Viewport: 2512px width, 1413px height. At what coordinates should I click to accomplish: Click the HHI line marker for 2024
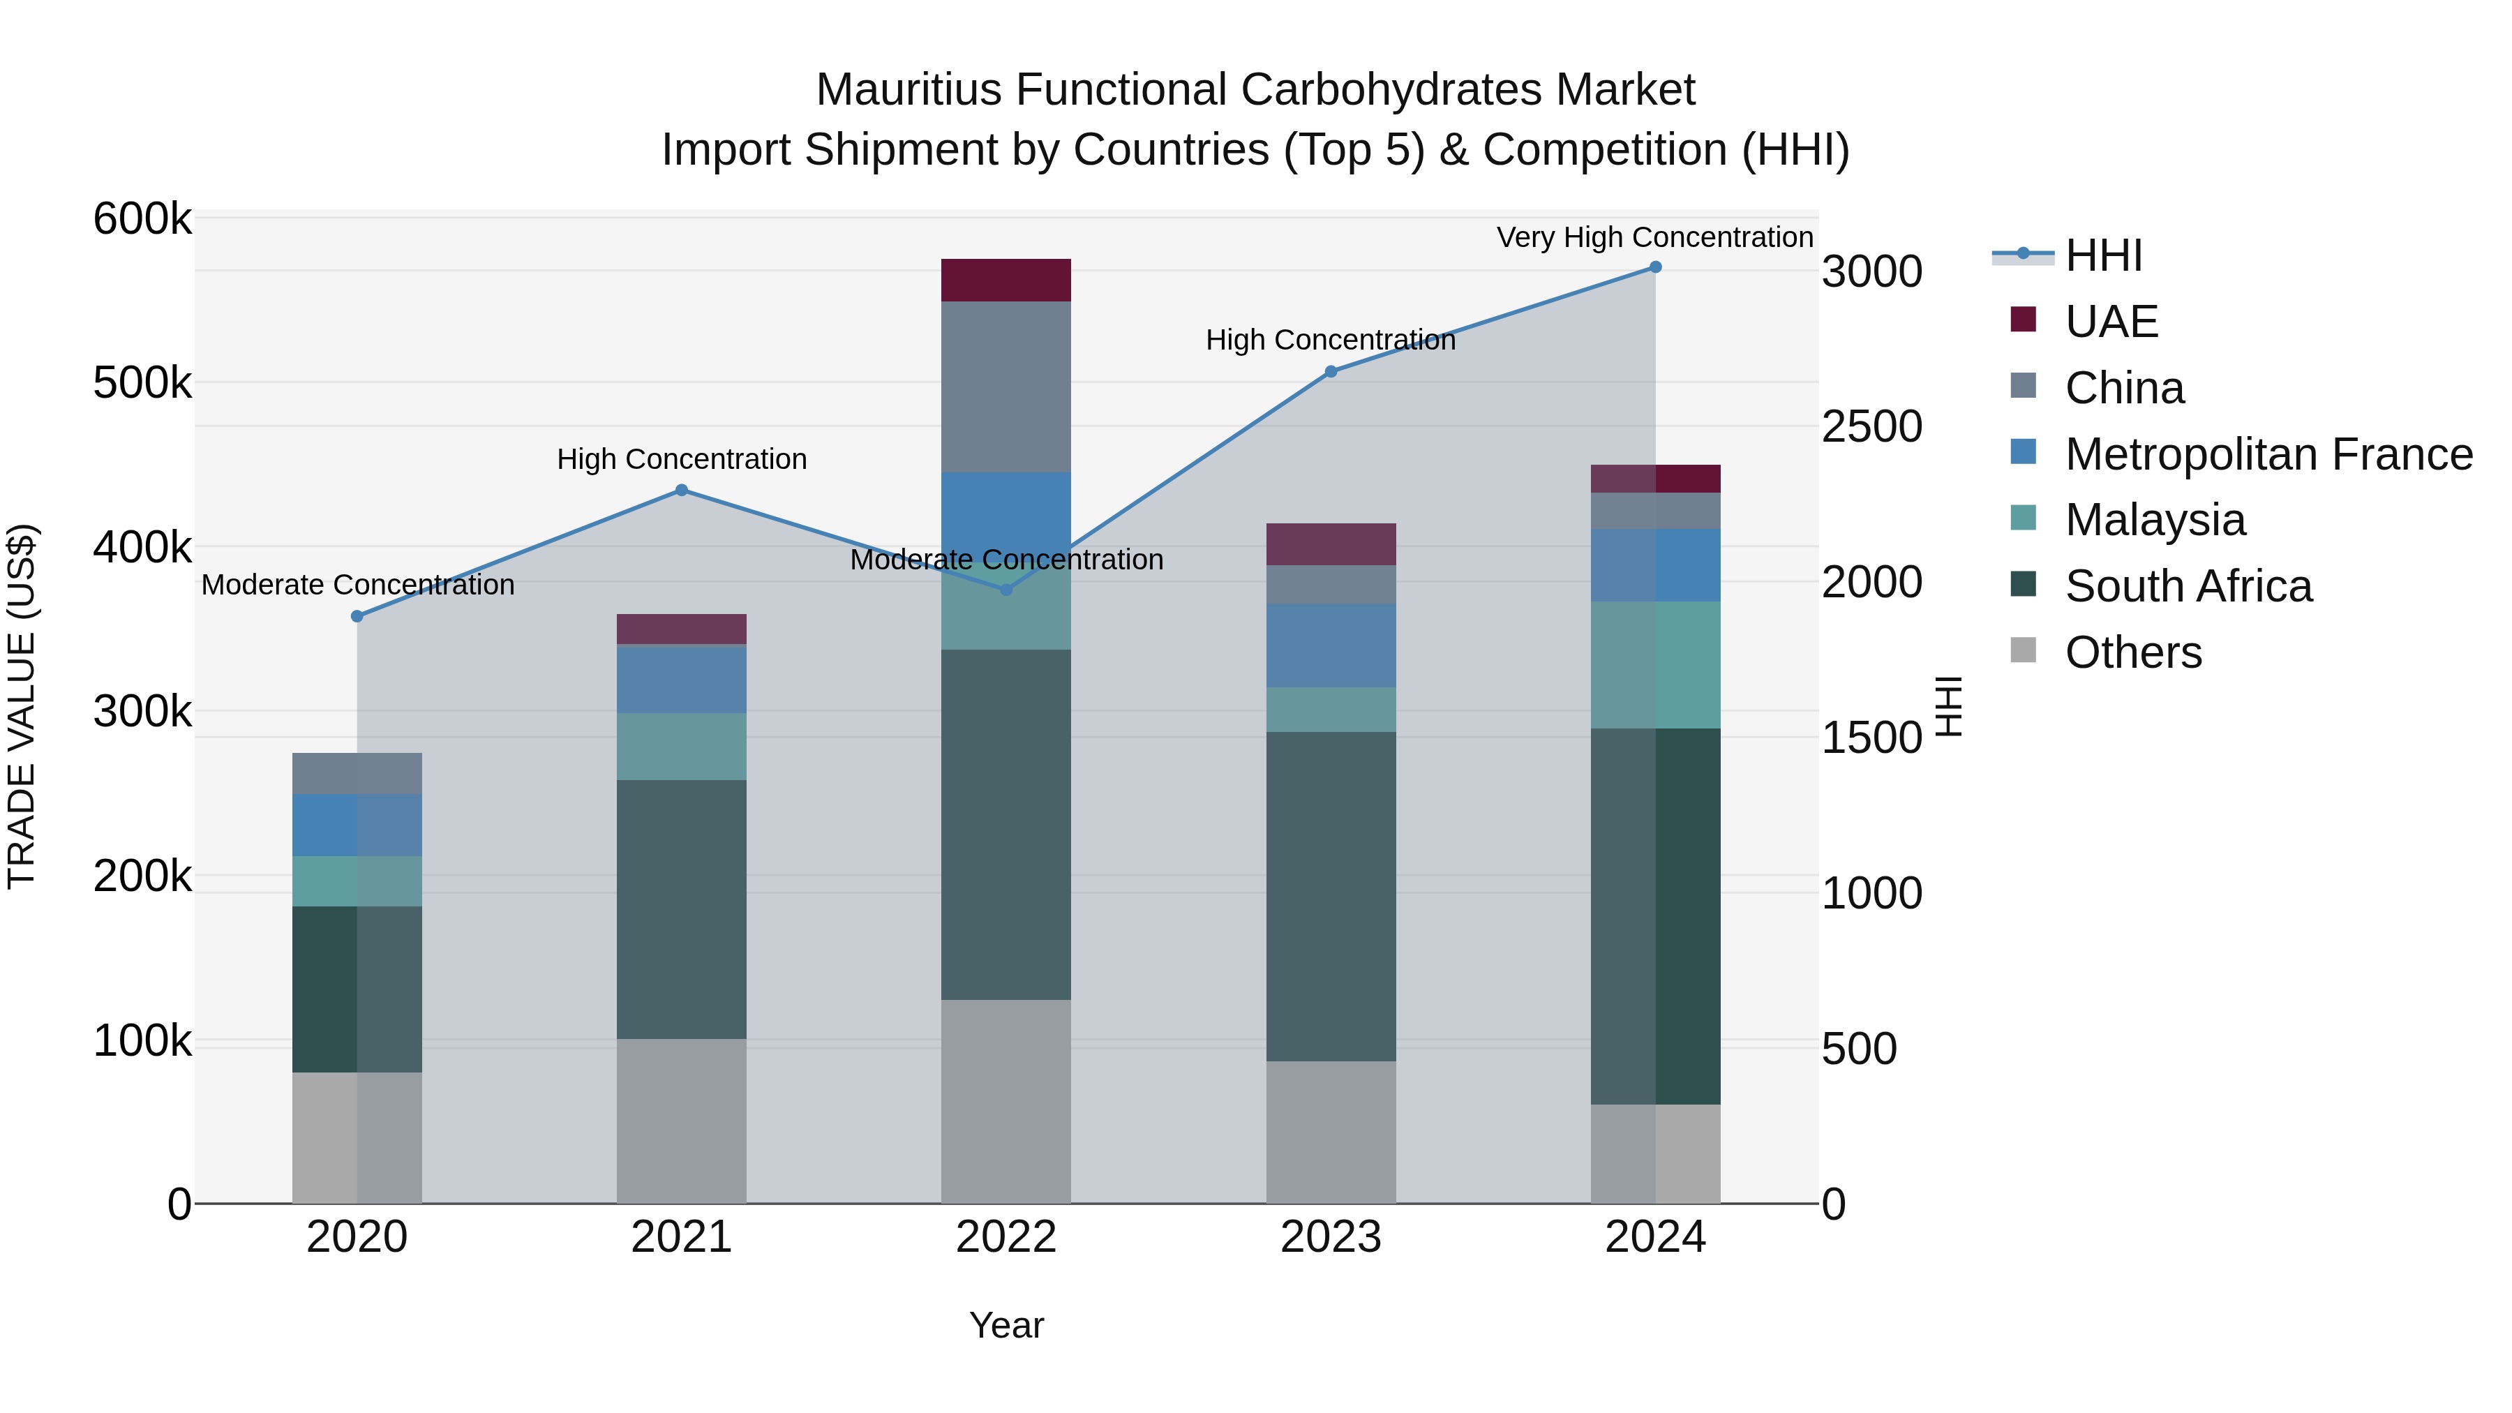pos(1655,267)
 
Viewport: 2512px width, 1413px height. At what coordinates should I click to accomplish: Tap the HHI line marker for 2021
pos(682,491)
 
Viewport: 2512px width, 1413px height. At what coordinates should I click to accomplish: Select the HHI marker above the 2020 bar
pos(357,616)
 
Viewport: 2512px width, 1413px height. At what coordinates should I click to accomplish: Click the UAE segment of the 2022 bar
pos(1005,280)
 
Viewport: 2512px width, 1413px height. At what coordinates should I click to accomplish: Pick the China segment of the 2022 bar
pos(1005,387)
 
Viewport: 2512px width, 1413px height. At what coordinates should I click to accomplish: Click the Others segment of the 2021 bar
pos(682,1121)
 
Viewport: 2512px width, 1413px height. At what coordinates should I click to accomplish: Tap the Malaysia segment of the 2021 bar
pos(682,746)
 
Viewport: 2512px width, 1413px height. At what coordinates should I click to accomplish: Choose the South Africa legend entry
pos(2188,586)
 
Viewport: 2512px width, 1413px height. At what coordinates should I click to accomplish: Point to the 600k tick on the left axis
pos(142,218)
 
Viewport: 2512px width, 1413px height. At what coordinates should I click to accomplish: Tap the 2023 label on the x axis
pos(1330,1237)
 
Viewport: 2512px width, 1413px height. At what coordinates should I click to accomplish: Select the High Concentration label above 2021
pos(682,458)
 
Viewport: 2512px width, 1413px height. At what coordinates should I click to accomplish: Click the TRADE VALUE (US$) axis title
pos(22,706)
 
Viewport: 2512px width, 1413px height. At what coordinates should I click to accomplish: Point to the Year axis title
pos(1005,1325)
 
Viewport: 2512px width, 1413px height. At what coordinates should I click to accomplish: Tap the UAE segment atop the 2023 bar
pos(1330,544)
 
